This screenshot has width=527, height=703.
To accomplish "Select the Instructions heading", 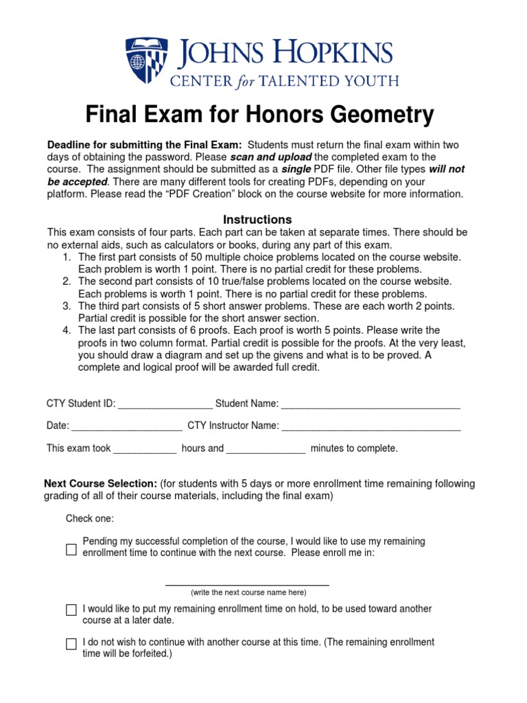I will (258, 220).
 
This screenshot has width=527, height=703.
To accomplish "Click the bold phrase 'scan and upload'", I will (271, 157).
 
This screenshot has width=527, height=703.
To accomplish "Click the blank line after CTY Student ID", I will (165, 405).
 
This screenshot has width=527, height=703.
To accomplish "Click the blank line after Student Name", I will (371, 405).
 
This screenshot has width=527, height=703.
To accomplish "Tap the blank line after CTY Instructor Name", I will (371, 428).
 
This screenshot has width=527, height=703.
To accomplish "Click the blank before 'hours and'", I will (145, 450).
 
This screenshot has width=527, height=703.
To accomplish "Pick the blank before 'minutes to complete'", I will (266, 450).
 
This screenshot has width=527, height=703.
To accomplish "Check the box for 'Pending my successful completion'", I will (71, 549).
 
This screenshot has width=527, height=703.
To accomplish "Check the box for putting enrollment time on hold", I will (71, 610).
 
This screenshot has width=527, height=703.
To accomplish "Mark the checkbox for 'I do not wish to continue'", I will (71, 644).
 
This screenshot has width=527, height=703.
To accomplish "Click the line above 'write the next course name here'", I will (247, 584).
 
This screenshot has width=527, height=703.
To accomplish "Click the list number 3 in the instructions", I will (67, 306).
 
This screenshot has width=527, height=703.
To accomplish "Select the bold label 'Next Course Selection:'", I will (101, 484).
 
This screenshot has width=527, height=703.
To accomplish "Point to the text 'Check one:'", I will (90, 518).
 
